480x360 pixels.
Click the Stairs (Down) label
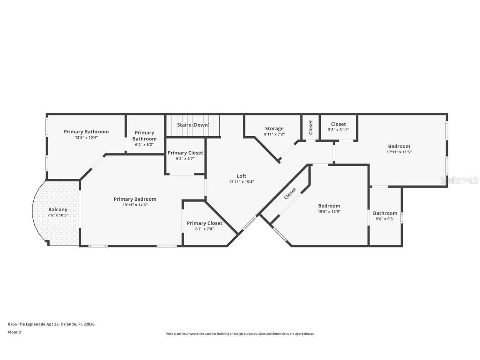point(193,125)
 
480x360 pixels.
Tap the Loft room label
point(241,176)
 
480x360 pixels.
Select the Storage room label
point(274,129)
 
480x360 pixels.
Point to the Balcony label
point(58,210)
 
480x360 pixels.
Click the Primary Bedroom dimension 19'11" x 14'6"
point(135,205)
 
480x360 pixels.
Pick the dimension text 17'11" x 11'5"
point(399,152)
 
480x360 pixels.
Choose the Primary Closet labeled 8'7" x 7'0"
point(204,223)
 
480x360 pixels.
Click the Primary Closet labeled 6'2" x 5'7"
point(185,153)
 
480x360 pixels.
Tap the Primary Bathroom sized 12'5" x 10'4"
point(86,132)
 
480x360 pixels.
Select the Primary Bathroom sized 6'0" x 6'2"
point(145,136)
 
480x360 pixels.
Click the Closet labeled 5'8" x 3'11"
point(338,124)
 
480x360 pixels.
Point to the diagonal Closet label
point(290,194)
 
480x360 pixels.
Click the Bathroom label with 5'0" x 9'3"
point(385,213)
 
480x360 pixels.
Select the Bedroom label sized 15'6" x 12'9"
point(329,206)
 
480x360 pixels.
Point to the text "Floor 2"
point(14,332)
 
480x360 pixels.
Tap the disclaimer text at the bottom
point(240,334)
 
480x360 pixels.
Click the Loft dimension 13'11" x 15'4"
point(241,182)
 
